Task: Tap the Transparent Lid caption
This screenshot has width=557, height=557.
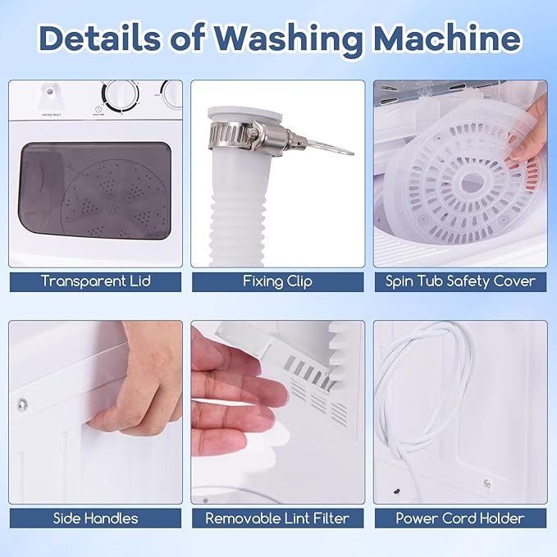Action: tap(96, 281)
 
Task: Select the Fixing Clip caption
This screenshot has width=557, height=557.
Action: tap(277, 281)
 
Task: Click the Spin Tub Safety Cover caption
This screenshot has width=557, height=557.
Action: tap(460, 281)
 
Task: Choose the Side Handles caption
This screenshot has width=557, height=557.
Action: tap(96, 518)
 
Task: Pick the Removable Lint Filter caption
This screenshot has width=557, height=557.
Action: tap(277, 518)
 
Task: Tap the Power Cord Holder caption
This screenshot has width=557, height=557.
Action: tap(460, 518)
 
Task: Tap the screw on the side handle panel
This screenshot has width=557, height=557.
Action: tap(22, 403)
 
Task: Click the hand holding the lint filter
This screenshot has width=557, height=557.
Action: tap(234, 386)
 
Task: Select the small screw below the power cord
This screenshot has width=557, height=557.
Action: tap(487, 483)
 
